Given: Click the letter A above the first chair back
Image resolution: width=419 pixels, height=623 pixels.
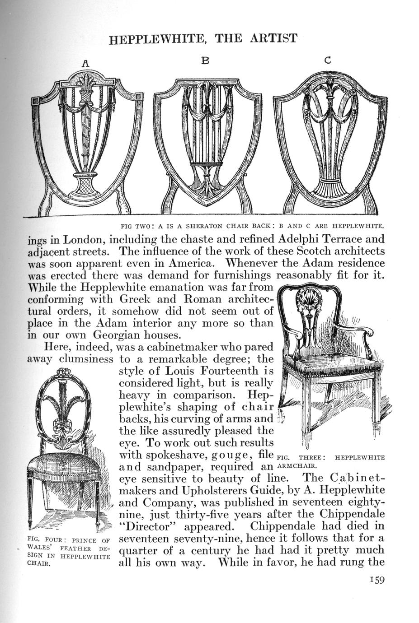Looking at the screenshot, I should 85,64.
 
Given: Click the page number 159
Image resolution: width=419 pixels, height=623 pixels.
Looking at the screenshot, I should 376,580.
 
